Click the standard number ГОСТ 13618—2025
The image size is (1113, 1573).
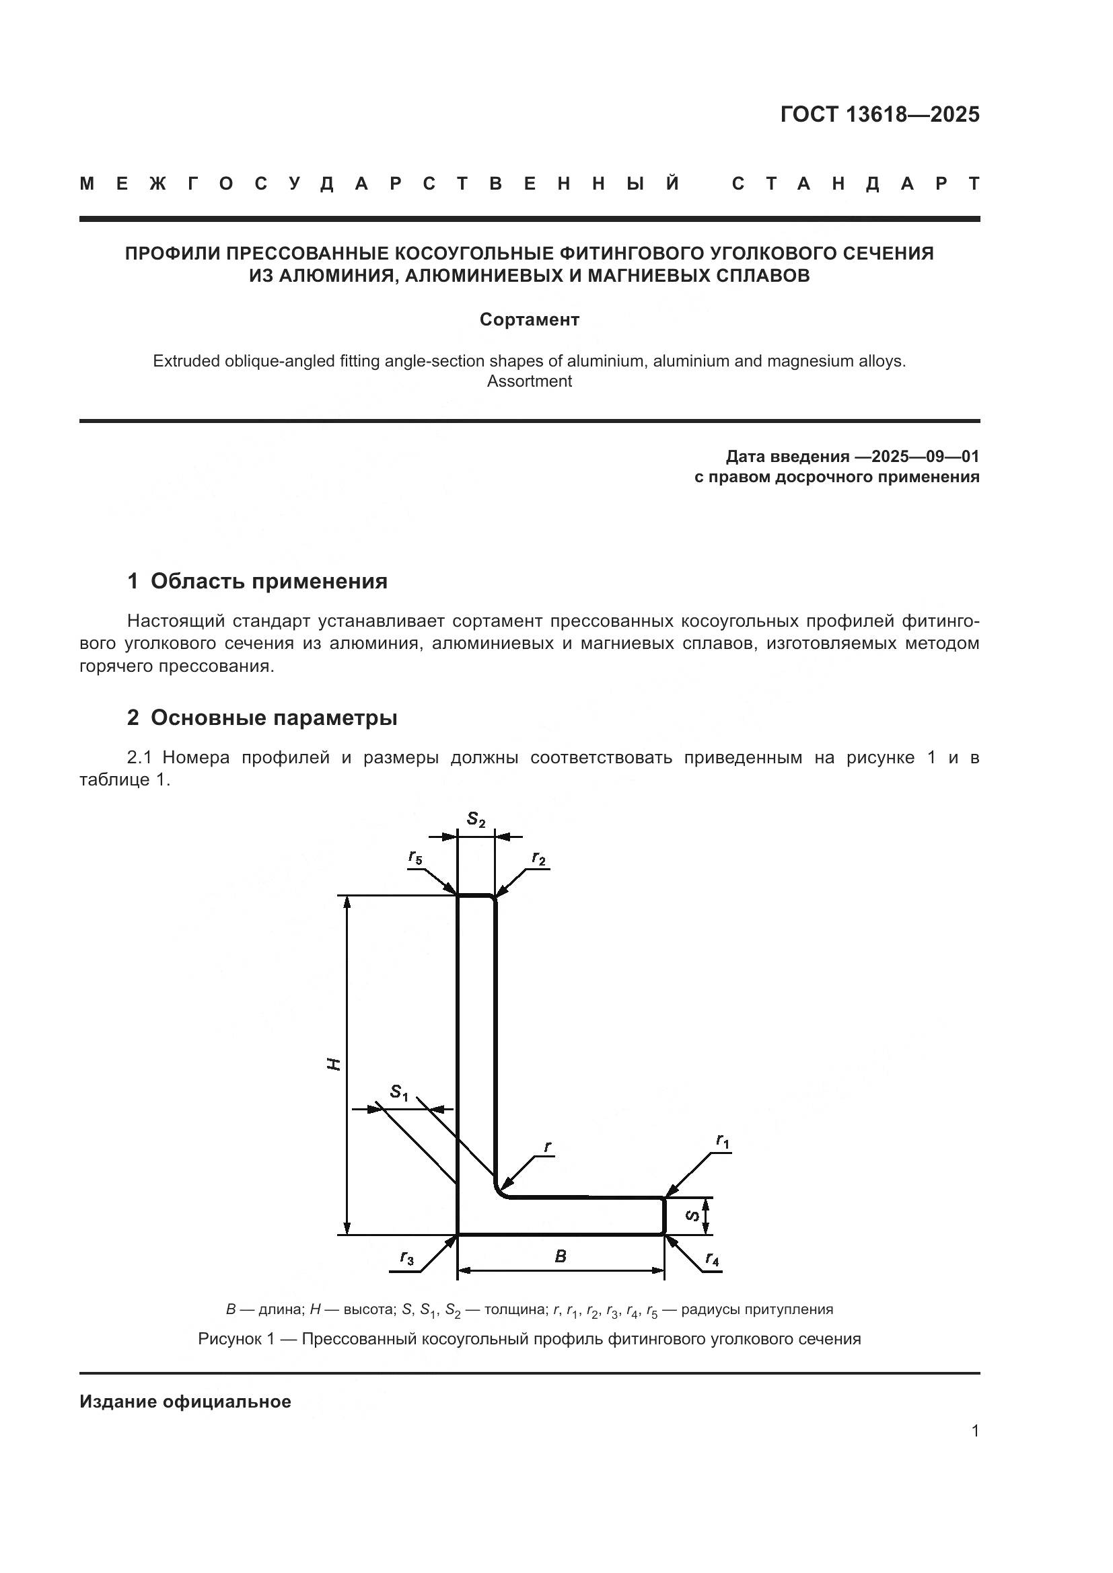coord(879,114)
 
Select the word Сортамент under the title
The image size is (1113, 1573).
coord(529,320)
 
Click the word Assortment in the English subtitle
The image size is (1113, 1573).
coord(529,381)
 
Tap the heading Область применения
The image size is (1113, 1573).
coord(268,582)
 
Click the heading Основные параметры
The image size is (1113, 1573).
coord(273,718)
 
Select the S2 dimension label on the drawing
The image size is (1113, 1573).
coord(476,819)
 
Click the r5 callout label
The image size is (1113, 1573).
coord(415,857)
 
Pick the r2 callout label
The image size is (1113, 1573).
coord(539,859)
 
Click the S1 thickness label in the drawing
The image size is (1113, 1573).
coord(399,1092)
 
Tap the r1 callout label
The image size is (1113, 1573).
coord(722,1141)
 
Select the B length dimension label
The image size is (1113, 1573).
coord(560,1256)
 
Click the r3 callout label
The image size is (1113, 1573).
coord(407,1258)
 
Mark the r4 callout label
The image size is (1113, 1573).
coord(712,1259)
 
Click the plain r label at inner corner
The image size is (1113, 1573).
coord(547,1146)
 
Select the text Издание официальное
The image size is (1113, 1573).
coord(185,1402)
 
